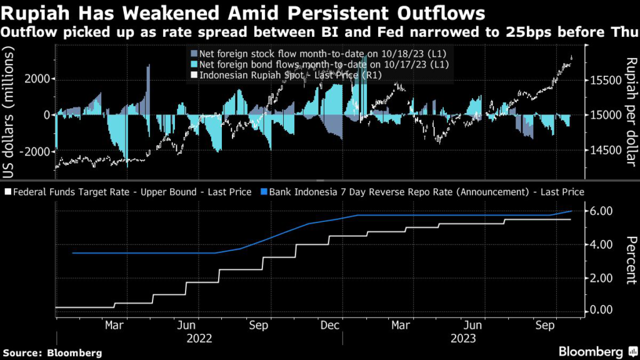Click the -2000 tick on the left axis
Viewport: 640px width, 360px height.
(x=35, y=151)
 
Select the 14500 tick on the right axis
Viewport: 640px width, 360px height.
(x=602, y=151)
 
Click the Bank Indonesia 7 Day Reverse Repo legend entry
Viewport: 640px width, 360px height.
(x=425, y=192)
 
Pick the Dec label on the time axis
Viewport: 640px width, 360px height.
(x=329, y=326)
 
